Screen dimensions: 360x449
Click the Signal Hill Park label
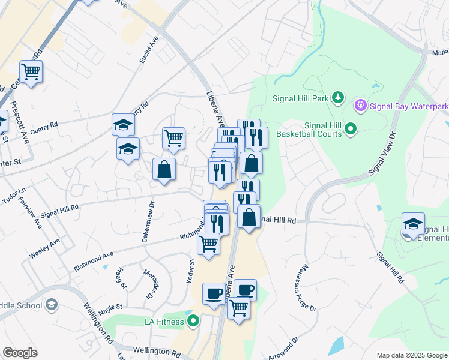[302, 97]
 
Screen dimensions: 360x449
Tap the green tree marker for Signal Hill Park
[338, 97]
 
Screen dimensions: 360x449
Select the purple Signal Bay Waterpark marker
[360, 107]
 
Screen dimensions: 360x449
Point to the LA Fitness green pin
[193, 322]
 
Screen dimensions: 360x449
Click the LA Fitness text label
[165, 322]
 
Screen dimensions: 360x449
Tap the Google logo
[20, 353]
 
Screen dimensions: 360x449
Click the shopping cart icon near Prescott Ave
[31, 72]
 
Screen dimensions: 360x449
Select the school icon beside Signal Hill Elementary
[413, 224]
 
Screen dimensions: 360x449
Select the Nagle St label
[110, 307]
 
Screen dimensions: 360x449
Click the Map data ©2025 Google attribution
[412, 355]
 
